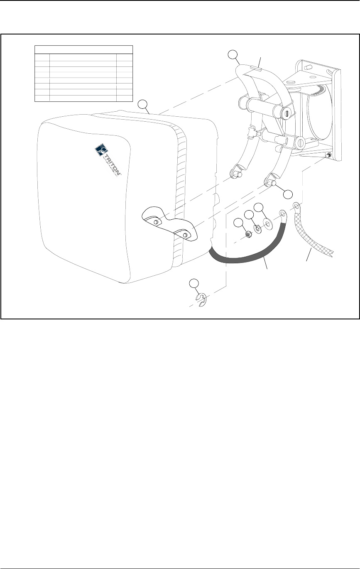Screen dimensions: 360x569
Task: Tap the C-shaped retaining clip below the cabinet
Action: click(x=201, y=301)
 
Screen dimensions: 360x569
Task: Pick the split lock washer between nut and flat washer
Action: click(x=256, y=228)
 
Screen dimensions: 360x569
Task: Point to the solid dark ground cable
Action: click(x=249, y=258)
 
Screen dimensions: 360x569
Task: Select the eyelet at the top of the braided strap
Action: click(x=296, y=205)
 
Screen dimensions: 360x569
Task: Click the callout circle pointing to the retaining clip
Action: click(x=194, y=284)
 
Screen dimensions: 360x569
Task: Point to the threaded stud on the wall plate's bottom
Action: click(x=328, y=156)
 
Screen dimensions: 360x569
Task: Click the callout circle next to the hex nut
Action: click(x=238, y=223)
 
